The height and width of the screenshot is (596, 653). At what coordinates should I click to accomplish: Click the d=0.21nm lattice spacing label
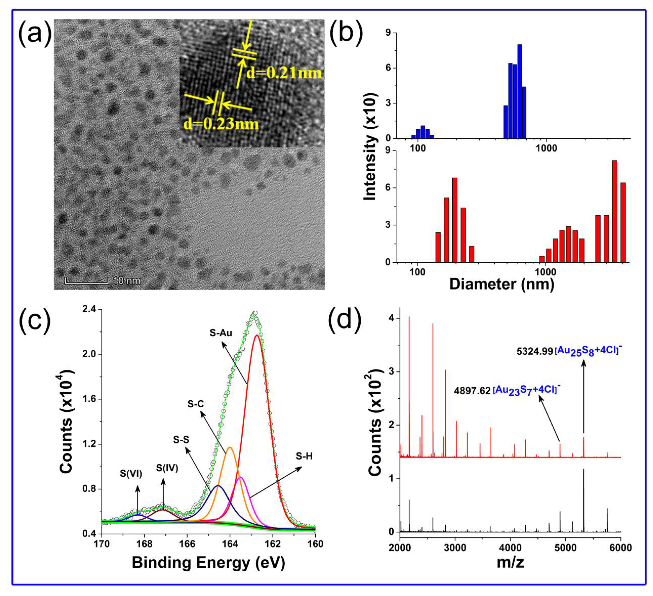tap(284, 73)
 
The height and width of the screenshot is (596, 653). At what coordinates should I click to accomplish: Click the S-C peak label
tap(196, 404)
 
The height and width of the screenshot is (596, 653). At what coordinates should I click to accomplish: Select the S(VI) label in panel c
tap(131, 474)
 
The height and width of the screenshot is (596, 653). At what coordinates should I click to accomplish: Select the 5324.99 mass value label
tap(534, 351)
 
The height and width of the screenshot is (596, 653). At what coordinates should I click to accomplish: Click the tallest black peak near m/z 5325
tap(584, 499)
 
